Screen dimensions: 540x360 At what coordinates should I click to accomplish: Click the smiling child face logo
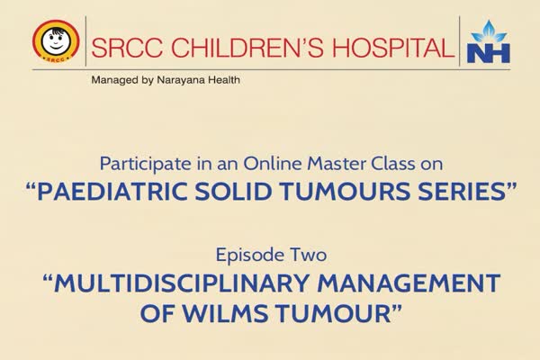pyautogui.click(x=56, y=41)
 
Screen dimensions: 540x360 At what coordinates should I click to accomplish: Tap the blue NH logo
pyautogui.click(x=488, y=42)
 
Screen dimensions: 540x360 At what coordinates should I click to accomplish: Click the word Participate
pyautogui.click(x=145, y=164)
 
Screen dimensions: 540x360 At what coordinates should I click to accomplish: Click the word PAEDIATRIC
pyautogui.click(x=112, y=191)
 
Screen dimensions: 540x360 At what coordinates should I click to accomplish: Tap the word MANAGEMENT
pyautogui.click(x=408, y=283)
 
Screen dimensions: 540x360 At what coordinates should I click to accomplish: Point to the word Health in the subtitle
pyautogui.click(x=223, y=79)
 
